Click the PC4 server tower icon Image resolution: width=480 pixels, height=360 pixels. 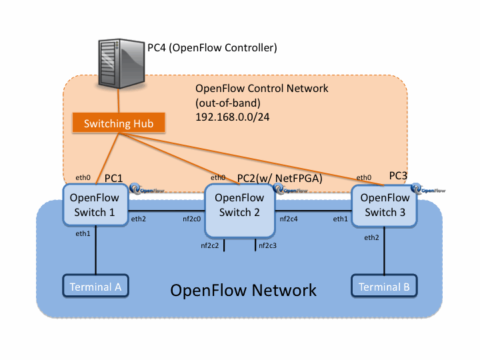pyautogui.click(x=120, y=63)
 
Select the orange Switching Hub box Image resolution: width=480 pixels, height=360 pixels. pyautogui.click(x=119, y=124)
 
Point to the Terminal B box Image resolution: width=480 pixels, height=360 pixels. pyautogui.click(x=384, y=287)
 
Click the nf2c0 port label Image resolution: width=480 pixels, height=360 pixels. pyautogui.click(x=193, y=219)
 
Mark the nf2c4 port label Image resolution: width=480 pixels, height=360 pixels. pyautogui.click(x=288, y=219)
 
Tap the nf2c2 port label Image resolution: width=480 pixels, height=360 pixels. pyautogui.click(x=211, y=246)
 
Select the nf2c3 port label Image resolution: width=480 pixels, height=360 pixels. pyautogui.click(x=267, y=246)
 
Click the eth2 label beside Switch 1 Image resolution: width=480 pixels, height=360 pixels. pyautogui.click(x=138, y=219)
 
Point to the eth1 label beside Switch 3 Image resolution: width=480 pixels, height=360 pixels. pyautogui.click(x=341, y=219)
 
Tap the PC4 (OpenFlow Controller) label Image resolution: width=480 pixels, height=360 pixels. pyautogui.click(x=212, y=48)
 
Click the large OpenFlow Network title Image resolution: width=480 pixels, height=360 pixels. pyautogui.click(x=243, y=291)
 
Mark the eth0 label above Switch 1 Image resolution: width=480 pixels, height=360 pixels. pyautogui.click(x=82, y=177)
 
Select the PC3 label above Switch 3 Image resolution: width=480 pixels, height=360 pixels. pyautogui.click(x=398, y=175)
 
